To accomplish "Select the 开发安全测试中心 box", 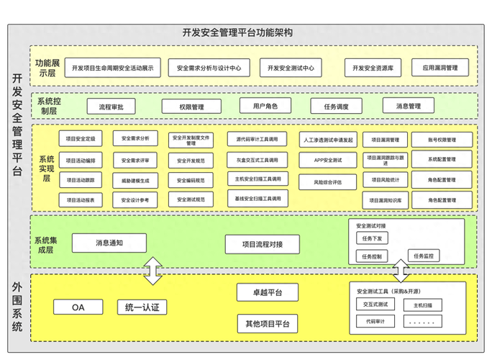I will coord(290,68).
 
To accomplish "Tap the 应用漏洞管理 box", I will coord(439,68).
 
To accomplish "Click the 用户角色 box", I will coord(265,107).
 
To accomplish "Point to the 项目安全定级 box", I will coord(81,138).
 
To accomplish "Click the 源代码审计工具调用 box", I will coord(257,138).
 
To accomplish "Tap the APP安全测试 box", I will coord(328,159).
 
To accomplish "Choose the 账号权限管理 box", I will coord(442,139).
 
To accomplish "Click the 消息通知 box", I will coord(109,243).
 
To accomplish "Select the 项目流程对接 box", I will coord(262,245).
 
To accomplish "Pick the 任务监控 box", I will coord(423,256).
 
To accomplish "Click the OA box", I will coord(78,307).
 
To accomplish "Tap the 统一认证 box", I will coord(142,307).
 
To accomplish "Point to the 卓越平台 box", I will coord(268,292).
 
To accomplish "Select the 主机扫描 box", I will coord(423,305).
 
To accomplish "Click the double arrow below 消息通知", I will coord(151,271).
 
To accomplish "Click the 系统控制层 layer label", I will coord(49,106).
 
